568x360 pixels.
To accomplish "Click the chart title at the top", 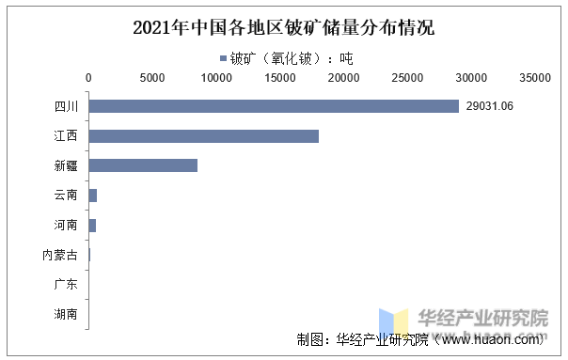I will [283, 27].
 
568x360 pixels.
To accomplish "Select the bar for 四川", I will [274, 106].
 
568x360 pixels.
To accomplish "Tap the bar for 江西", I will [203, 136].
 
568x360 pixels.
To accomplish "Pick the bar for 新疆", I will [143, 165].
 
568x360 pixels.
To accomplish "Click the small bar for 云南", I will [93, 196].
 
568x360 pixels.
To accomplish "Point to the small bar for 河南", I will [92, 226].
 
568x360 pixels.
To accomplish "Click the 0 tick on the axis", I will [88, 78].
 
